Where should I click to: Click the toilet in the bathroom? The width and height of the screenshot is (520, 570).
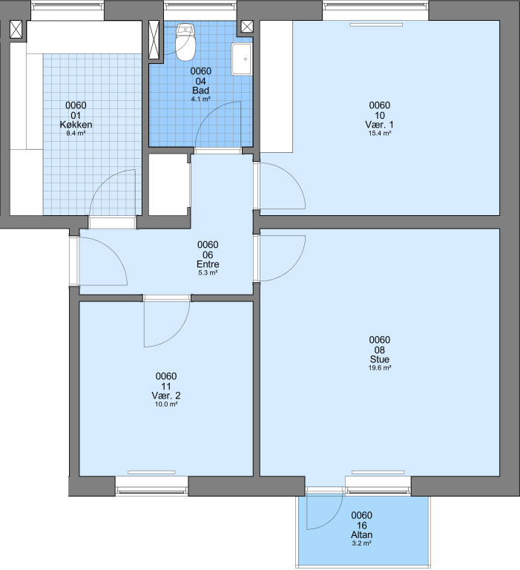click(x=185, y=42)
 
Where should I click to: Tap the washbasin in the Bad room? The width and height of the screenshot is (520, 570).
click(x=241, y=59)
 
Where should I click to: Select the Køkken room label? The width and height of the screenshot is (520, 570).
click(x=76, y=125)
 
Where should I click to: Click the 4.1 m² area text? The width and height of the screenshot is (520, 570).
click(x=201, y=99)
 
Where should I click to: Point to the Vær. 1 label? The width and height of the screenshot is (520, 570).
click(x=379, y=125)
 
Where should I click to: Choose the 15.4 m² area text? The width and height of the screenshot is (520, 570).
click(x=380, y=134)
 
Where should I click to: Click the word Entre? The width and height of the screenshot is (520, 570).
click(x=208, y=264)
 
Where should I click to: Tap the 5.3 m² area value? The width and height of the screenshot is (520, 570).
click(x=208, y=272)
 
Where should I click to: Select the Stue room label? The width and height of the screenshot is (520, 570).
click(x=380, y=359)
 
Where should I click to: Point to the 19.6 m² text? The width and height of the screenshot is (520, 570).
click(x=380, y=368)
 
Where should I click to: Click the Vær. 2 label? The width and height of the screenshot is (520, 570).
click(x=166, y=396)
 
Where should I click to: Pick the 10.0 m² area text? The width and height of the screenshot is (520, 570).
click(x=166, y=404)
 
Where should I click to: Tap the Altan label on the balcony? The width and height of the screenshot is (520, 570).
click(x=361, y=534)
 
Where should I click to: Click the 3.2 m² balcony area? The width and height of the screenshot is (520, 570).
click(x=361, y=543)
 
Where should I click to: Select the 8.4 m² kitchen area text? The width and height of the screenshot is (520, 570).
click(x=76, y=134)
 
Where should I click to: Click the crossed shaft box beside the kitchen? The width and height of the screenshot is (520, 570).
click(x=16, y=30)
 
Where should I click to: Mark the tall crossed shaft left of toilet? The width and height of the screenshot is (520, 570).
click(x=154, y=39)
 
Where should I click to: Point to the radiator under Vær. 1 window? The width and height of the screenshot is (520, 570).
click(x=376, y=24)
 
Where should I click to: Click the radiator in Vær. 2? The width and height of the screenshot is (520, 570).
click(x=151, y=473)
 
